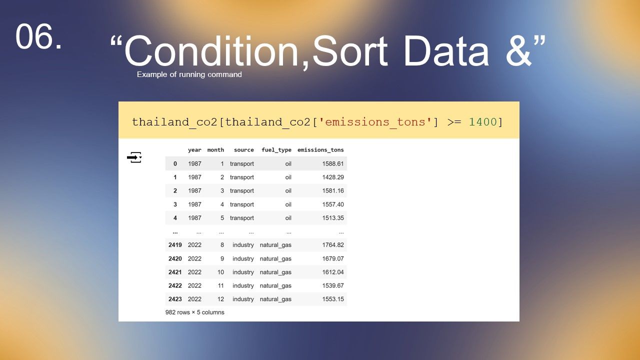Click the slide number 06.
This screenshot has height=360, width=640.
38,36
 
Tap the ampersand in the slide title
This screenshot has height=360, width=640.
518,51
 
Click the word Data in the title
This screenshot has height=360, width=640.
446,51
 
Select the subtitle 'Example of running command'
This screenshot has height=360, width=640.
189,74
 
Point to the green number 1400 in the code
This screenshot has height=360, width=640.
483,122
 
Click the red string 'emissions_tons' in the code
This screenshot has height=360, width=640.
375,122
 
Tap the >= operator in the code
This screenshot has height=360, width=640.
454,122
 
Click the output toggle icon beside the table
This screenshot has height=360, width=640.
134,157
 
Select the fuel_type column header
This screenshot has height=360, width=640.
276,150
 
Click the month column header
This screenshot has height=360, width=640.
215,150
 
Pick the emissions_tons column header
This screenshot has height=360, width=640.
320,150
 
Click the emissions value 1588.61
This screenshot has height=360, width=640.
333,163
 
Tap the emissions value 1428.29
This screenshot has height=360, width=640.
333,177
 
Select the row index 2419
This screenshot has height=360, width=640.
175,245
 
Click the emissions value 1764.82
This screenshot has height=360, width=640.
333,245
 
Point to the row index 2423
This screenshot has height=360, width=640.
175,299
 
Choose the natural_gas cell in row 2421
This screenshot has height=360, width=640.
275,272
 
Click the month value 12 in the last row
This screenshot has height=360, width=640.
220,299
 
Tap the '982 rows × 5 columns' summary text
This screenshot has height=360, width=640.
194,312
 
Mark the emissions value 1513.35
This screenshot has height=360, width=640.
333,217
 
